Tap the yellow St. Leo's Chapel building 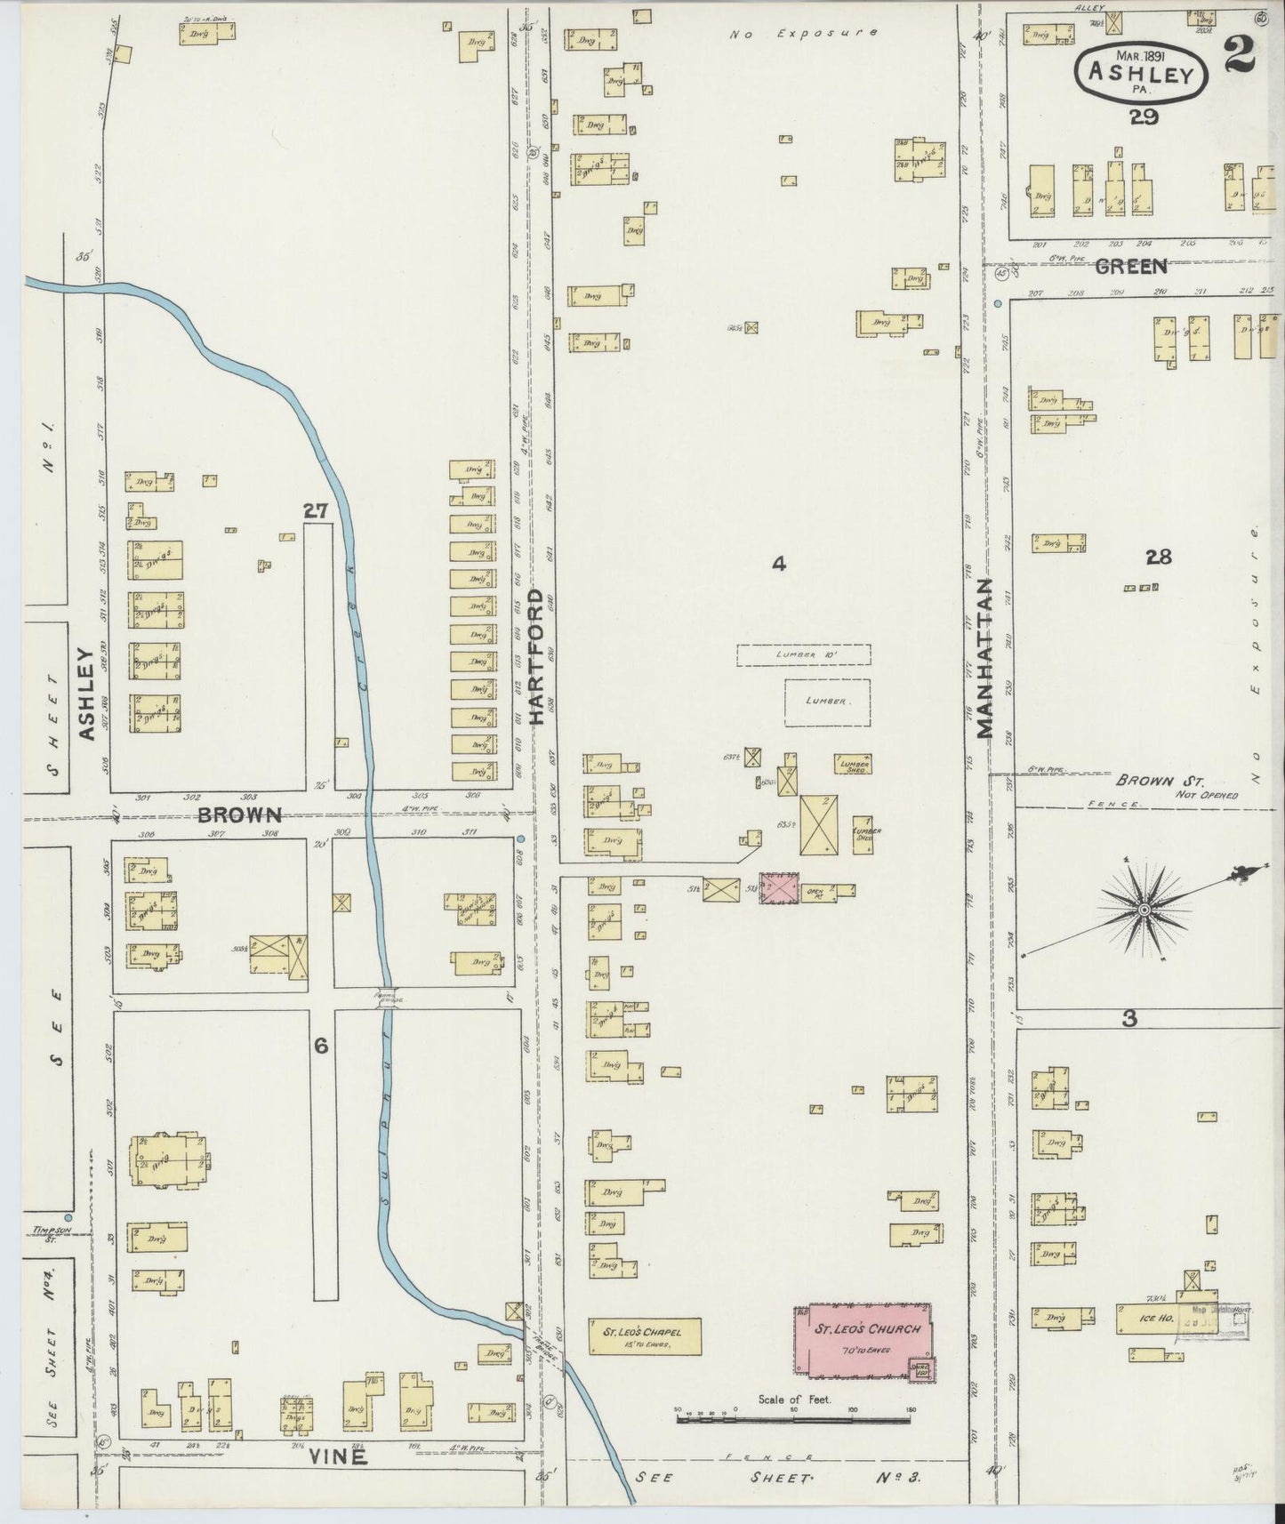pyautogui.click(x=645, y=1336)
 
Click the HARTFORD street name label pyautogui.click(x=537, y=658)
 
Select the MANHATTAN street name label pyautogui.click(x=984, y=659)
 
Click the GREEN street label pyautogui.click(x=1130, y=266)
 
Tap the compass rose pyautogui.click(x=1144, y=910)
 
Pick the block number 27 pyautogui.click(x=316, y=510)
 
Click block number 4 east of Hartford pyautogui.click(x=779, y=563)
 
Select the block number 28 pyautogui.click(x=1159, y=557)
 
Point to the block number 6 pyautogui.click(x=320, y=1047)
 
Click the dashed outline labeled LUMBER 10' pyautogui.click(x=803, y=654)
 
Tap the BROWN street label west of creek pyautogui.click(x=239, y=814)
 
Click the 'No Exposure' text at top pyautogui.click(x=803, y=34)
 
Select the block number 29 pyautogui.click(x=1144, y=116)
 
